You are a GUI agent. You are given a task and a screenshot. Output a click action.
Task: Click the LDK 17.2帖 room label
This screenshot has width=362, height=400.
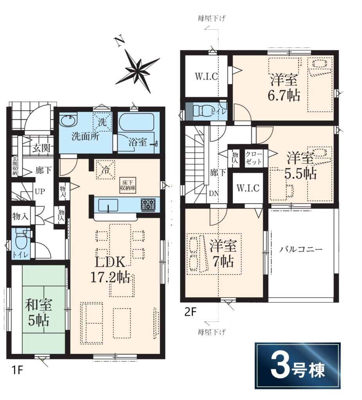pos(110,270)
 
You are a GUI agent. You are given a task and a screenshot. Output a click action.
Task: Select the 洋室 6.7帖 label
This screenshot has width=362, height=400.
pos(284,87)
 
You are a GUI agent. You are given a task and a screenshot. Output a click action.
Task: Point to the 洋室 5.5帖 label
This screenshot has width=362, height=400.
pos(301,165)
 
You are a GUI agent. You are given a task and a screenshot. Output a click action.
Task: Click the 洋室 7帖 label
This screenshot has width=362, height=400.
pos(223,253)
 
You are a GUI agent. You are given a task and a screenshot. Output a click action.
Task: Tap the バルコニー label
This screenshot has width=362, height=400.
pos(301,249)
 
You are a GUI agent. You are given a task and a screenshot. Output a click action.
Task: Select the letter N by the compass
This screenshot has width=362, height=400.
pos(119,41)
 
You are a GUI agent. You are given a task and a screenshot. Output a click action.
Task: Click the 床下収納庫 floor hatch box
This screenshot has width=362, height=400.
pos(128,185)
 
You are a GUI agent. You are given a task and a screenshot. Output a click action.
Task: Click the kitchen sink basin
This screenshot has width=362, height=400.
pos(108,205)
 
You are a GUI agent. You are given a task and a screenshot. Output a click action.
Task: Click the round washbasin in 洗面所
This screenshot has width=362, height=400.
pos(68,120)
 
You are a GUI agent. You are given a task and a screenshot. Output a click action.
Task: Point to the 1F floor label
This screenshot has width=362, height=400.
pos(16,370)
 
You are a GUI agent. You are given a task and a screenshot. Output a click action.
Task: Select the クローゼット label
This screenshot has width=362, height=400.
pos(254,158)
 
